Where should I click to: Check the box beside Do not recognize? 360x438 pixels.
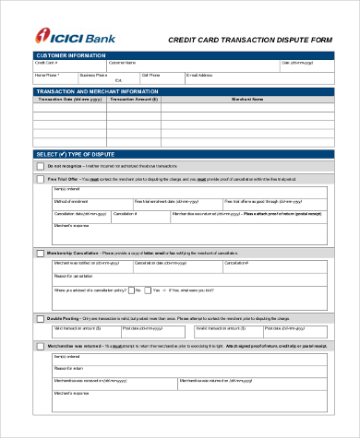click(x=39, y=166)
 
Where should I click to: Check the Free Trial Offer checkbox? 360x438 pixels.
click(x=39, y=180)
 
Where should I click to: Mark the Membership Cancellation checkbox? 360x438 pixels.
click(x=39, y=253)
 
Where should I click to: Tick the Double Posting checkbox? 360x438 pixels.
click(x=39, y=318)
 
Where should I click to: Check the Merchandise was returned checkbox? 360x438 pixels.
click(x=39, y=346)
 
